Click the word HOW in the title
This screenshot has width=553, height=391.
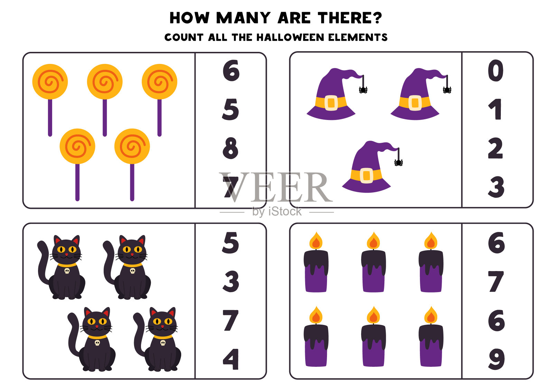pyautogui.click(x=189, y=18)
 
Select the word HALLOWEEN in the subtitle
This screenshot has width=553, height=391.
pyautogui.click(x=290, y=37)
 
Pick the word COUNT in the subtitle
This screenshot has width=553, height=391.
pyautogui.click(x=184, y=37)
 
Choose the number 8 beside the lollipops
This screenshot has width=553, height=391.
pyautogui.click(x=231, y=148)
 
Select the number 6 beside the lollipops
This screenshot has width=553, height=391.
pyautogui.click(x=231, y=71)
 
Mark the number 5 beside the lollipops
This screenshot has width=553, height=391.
pyautogui.click(x=230, y=109)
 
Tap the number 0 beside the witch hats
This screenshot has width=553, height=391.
pyautogui.click(x=496, y=71)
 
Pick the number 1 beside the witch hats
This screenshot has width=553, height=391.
pyautogui.click(x=495, y=109)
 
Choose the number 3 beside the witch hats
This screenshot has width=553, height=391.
pyautogui.click(x=496, y=187)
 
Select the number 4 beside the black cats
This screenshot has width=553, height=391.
pyautogui.click(x=231, y=360)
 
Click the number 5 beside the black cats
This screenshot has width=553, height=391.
pyautogui.click(x=230, y=243)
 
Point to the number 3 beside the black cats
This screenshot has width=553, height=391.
pyautogui.click(x=231, y=281)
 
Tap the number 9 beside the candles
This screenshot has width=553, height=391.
pyautogui.click(x=496, y=359)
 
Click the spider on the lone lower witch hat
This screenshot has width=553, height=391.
pyautogui.click(x=399, y=162)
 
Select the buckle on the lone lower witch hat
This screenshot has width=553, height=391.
pyautogui.click(x=366, y=176)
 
